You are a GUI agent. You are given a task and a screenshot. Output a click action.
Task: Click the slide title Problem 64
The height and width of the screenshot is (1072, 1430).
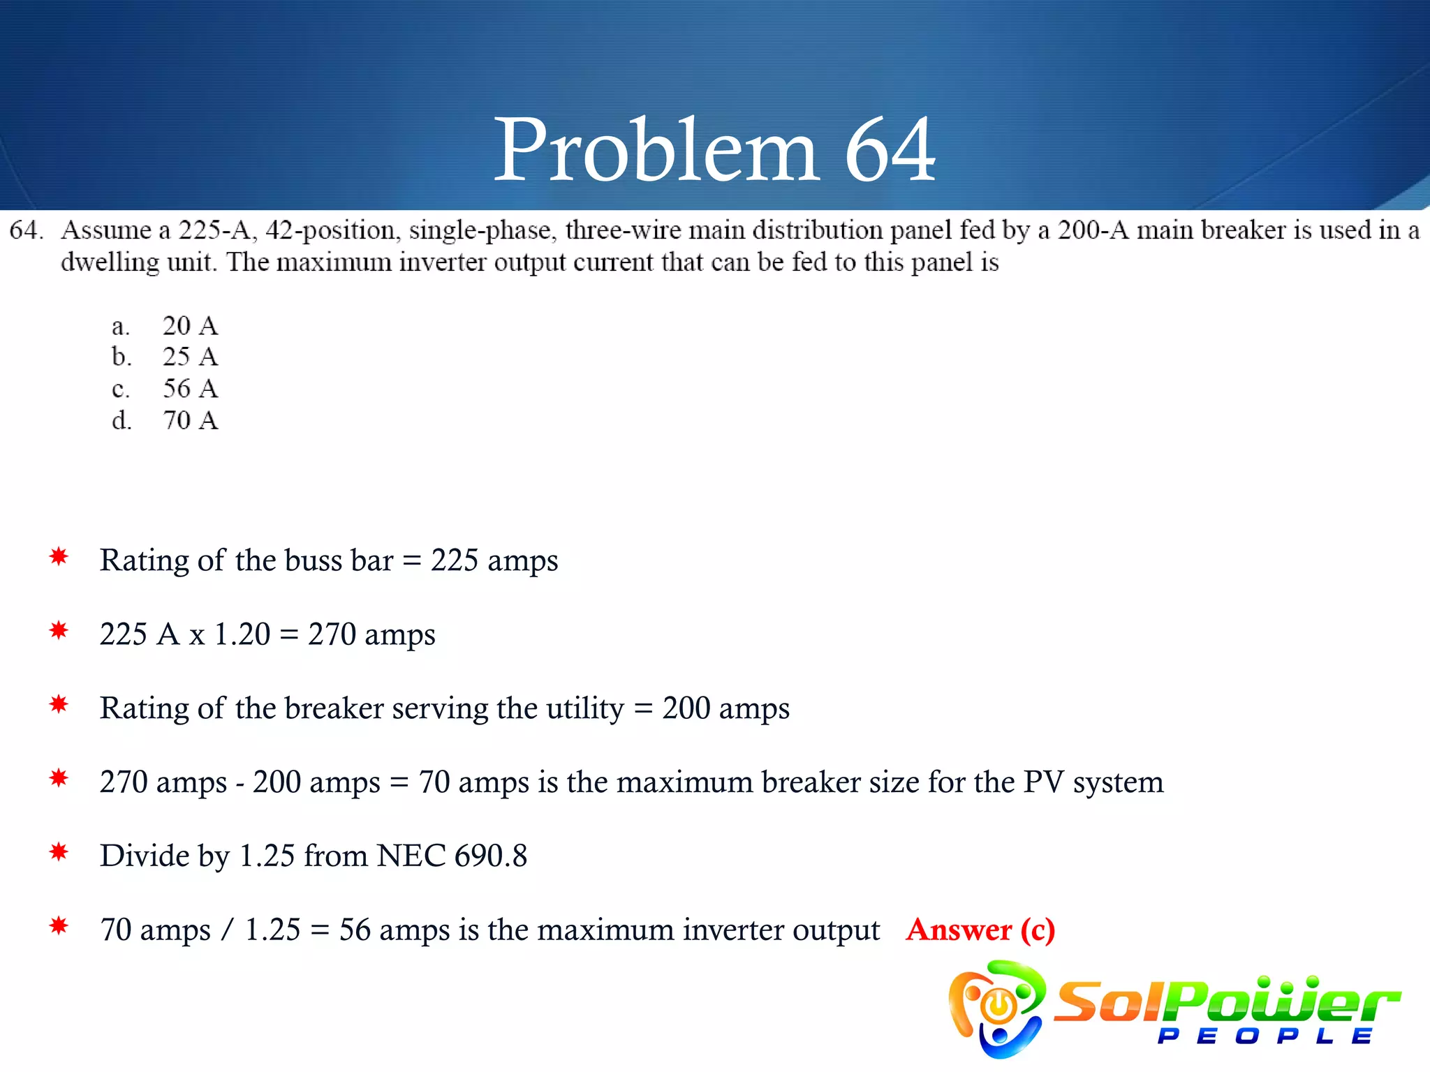(x=714, y=150)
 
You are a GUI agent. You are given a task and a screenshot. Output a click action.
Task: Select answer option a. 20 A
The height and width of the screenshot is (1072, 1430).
(x=165, y=326)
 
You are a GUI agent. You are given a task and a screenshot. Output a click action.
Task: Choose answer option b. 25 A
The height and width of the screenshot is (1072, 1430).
(x=165, y=357)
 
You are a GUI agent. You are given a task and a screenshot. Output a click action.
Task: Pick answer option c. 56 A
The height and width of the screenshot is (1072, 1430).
(x=165, y=389)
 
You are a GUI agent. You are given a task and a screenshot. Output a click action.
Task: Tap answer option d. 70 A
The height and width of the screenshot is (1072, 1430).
(x=165, y=421)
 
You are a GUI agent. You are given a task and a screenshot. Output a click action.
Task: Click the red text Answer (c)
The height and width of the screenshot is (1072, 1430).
(x=980, y=930)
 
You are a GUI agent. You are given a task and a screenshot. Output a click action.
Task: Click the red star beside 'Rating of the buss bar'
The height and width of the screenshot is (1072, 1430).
(x=59, y=557)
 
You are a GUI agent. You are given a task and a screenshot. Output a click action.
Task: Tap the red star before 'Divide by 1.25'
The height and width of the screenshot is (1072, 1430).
(x=59, y=852)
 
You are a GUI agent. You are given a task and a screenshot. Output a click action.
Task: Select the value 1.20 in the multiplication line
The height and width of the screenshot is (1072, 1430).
(x=242, y=634)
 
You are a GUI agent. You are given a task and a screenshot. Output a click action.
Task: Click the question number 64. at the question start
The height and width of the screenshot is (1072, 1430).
(x=26, y=230)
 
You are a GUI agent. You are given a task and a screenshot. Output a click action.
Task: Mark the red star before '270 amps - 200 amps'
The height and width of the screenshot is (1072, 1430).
(x=59, y=778)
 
